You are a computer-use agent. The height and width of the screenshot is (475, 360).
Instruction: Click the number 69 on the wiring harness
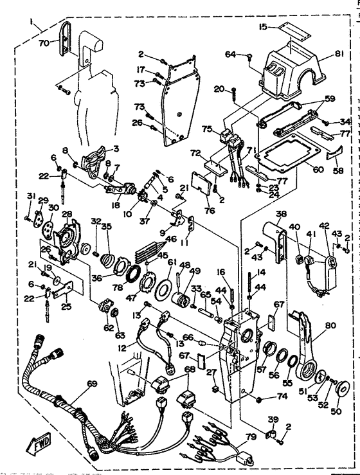[x=93, y=384]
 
